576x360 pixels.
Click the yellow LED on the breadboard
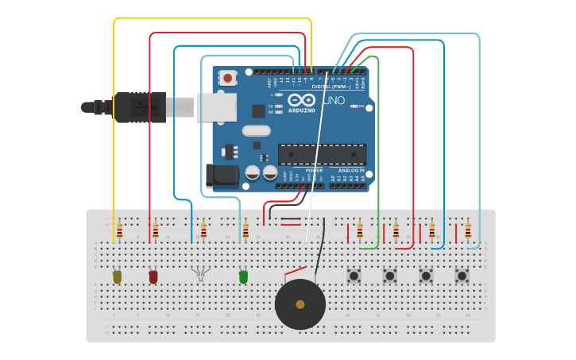click(118, 276)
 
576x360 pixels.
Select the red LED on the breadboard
click(153, 276)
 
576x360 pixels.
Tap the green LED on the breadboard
click(243, 276)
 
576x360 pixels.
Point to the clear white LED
click(200, 274)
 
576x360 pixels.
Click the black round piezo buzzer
click(300, 304)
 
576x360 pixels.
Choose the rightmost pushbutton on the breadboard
click(462, 276)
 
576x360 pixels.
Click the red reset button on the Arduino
click(229, 78)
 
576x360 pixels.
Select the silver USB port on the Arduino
click(216, 106)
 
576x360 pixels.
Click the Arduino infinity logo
click(302, 101)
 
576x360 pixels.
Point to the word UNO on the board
click(334, 101)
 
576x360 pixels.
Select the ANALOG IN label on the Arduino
click(351, 170)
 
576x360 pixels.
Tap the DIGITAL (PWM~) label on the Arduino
click(338, 87)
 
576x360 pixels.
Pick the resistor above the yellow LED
click(119, 230)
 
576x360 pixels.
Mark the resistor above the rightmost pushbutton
click(468, 230)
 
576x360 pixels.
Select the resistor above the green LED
click(245, 230)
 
